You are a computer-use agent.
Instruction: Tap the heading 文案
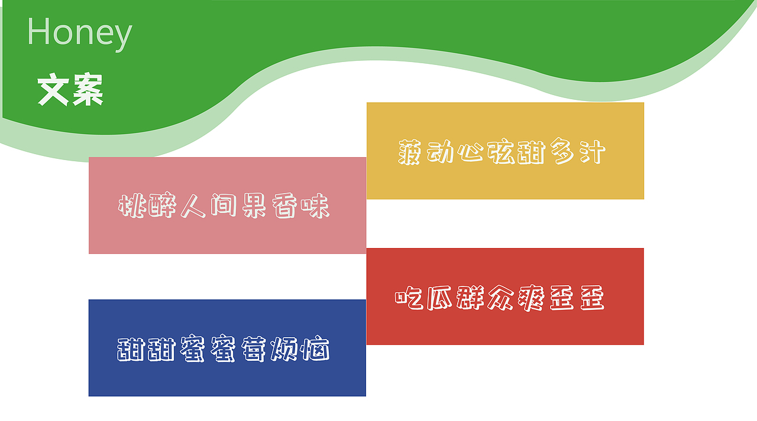click(x=70, y=89)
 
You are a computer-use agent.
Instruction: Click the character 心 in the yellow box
click(x=470, y=152)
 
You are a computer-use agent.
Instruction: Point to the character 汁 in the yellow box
click(x=593, y=152)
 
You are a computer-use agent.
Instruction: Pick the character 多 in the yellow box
click(x=562, y=152)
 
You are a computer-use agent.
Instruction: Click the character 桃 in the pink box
click(x=132, y=206)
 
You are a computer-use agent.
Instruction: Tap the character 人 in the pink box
click(x=193, y=206)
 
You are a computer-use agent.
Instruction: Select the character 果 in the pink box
click(x=254, y=206)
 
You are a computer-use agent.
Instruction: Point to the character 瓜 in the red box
click(x=439, y=298)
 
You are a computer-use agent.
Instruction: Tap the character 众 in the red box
click(x=500, y=298)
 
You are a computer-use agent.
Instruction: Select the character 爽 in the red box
click(x=531, y=298)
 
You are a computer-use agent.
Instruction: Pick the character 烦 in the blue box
click(x=284, y=349)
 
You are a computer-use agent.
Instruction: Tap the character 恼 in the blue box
click(x=316, y=349)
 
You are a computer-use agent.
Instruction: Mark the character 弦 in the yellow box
click(x=501, y=152)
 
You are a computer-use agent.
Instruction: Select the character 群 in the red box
click(x=470, y=298)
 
